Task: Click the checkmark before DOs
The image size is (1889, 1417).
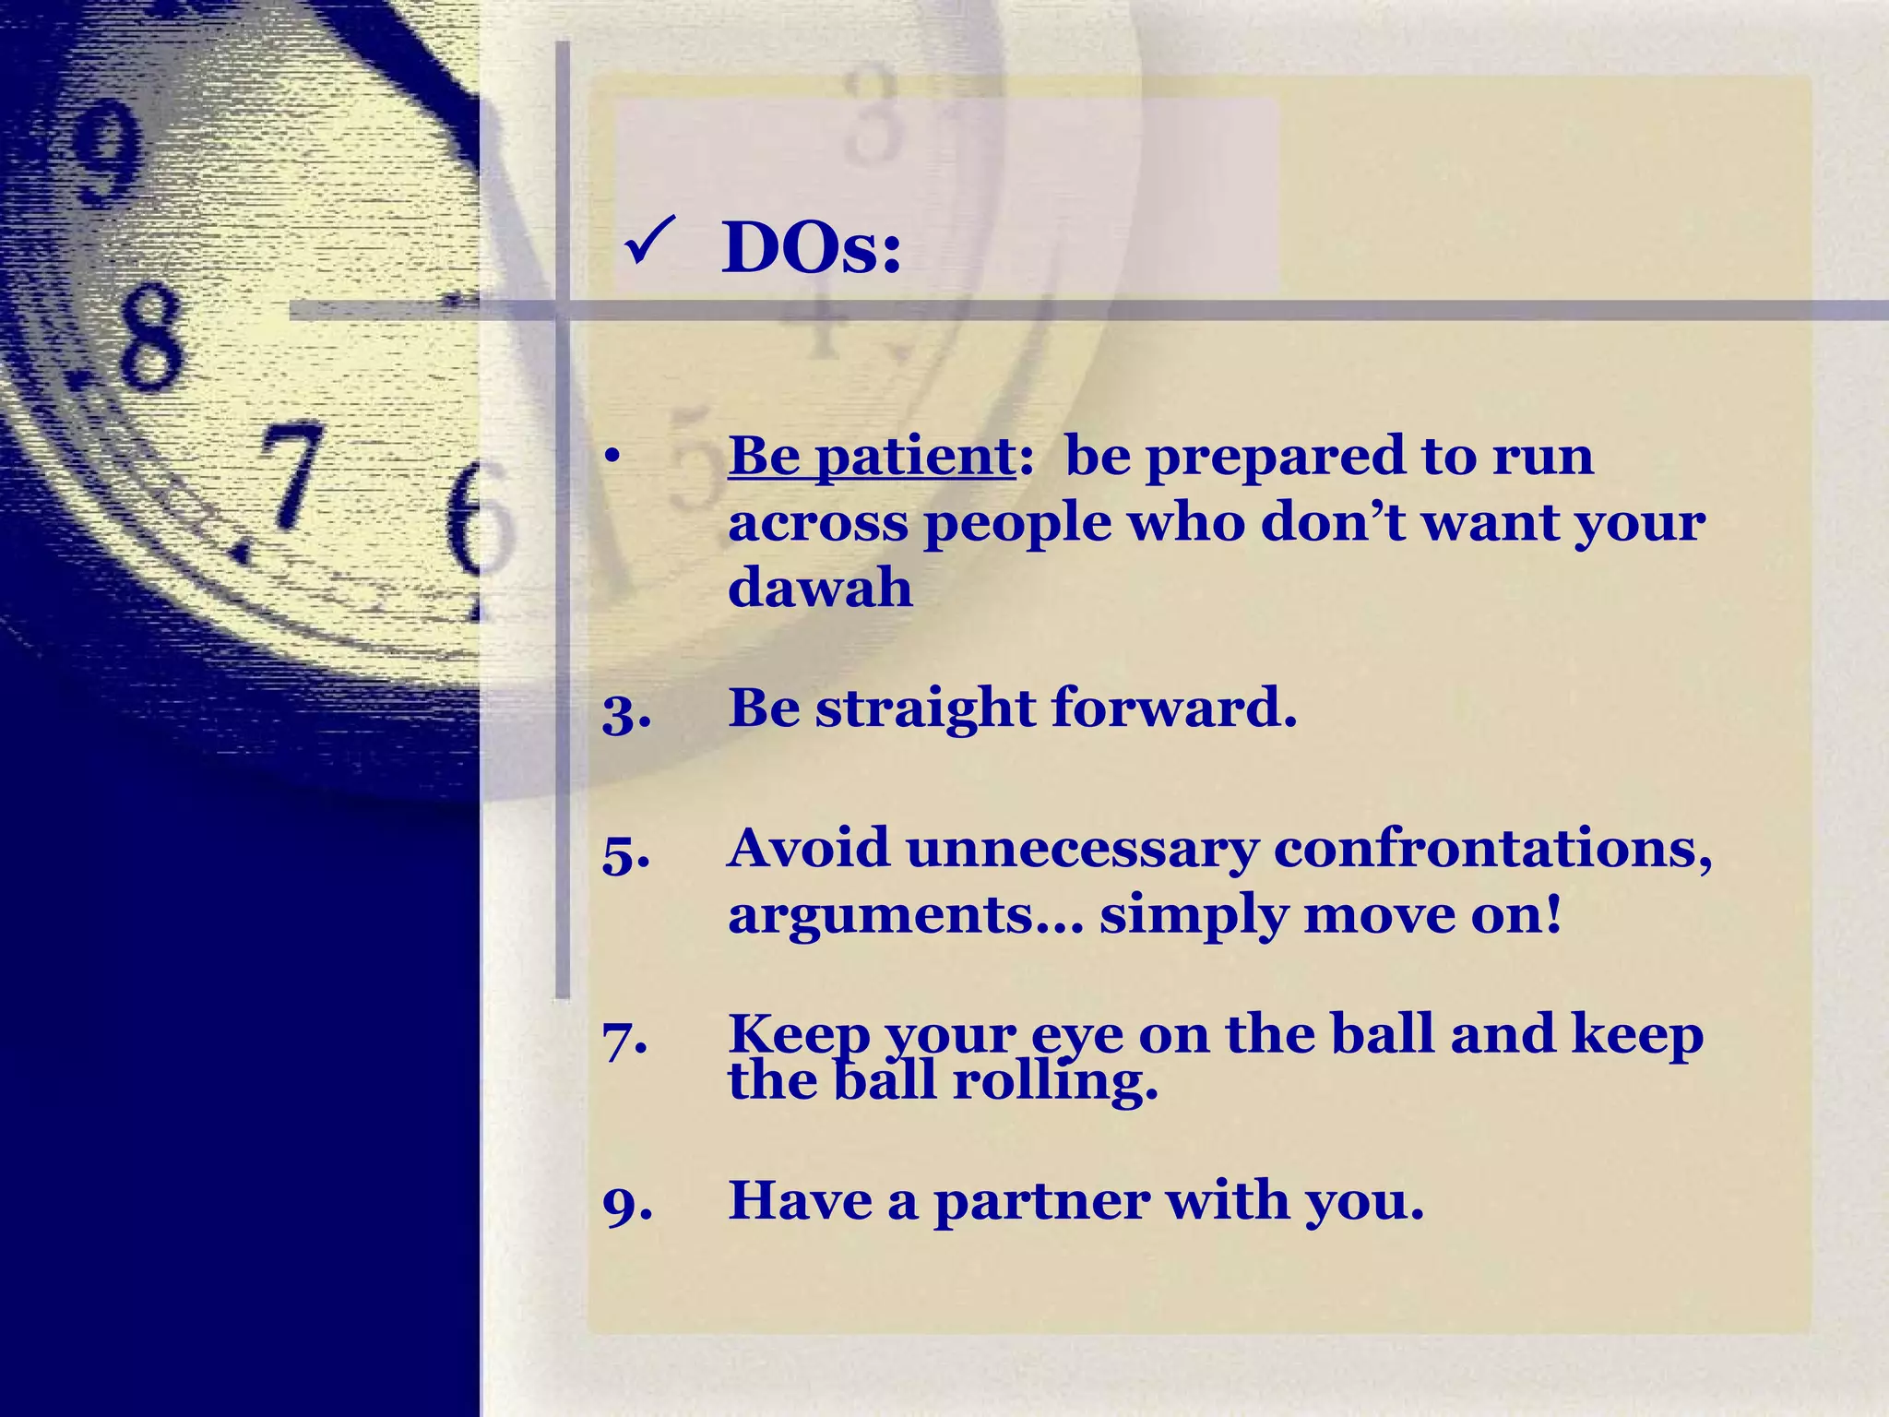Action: click(x=649, y=241)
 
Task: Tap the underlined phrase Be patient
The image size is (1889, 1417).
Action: click(x=872, y=455)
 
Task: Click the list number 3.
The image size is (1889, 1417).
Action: click(x=626, y=711)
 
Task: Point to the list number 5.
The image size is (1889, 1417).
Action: click(x=626, y=851)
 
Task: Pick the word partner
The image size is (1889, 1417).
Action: click(x=1040, y=1202)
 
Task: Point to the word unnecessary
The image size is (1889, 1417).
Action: click(x=1082, y=849)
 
